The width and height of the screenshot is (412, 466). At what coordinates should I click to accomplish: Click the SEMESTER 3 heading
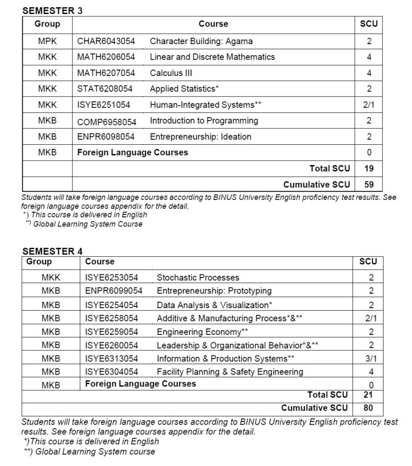click(52, 11)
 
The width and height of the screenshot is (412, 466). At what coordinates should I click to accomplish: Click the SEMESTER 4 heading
click(52, 251)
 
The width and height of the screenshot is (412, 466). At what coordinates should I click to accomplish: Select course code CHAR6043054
click(106, 41)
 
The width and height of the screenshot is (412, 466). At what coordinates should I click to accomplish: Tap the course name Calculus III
click(171, 73)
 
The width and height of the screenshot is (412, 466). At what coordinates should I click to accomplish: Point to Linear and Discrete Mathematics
click(212, 57)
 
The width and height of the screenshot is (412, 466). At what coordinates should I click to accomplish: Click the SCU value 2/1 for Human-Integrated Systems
click(369, 105)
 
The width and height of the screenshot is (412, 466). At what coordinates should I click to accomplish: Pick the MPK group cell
click(47, 41)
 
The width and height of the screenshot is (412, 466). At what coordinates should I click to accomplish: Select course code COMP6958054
click(107, 122)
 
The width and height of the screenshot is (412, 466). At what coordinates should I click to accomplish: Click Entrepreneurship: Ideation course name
click(200, 137)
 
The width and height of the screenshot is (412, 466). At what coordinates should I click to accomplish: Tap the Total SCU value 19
click(369, 169)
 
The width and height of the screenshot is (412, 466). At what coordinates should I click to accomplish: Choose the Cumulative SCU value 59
click(369, 185)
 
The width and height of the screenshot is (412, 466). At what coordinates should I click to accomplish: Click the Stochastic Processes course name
click(198, 278)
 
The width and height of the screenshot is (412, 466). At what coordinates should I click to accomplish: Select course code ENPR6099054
click(113, 291)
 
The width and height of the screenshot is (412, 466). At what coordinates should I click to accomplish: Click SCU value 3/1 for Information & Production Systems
click(371, 359)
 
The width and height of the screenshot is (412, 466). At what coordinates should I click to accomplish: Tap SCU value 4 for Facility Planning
click(371, 372)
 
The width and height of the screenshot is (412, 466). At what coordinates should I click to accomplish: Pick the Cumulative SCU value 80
click(368, 408)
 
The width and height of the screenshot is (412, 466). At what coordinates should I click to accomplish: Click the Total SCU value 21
click(368, 395)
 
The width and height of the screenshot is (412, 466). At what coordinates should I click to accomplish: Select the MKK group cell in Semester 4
click(51, 278)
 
